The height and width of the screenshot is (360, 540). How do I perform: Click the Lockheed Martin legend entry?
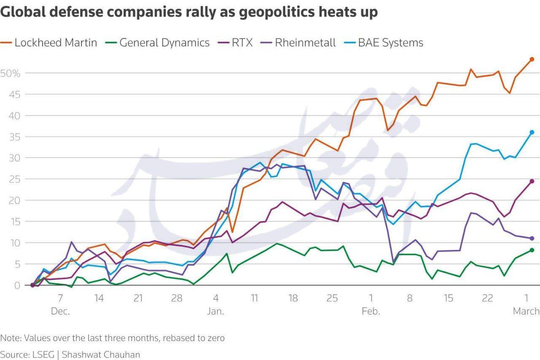(55, 43)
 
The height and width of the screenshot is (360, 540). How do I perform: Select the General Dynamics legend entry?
(164, 43)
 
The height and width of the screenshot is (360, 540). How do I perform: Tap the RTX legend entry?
(242, 43)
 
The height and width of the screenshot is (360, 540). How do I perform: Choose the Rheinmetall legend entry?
(305, 43)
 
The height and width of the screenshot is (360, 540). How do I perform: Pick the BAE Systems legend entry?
(390, 43)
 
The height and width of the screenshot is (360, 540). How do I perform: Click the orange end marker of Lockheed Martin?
(532, 59)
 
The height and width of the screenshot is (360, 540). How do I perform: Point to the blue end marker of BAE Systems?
(532, 132)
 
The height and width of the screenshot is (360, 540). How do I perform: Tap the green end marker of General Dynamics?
(532, 250)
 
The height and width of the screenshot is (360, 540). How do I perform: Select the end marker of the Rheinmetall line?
(532, 238)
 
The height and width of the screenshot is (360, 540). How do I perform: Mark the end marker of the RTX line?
(532, 181)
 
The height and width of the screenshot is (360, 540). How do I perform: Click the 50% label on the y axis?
(10, 73)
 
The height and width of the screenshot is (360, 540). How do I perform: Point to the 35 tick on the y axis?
(14, 137)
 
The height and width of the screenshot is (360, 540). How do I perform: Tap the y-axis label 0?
(17, 285)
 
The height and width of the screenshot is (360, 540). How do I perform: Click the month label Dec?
(60, 312)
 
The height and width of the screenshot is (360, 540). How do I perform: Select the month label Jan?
(216, 312)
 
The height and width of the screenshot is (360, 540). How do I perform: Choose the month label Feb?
(371, 312)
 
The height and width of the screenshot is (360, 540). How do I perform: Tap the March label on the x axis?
(526, 312)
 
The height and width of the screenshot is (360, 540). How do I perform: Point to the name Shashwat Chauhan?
(101, 355)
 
